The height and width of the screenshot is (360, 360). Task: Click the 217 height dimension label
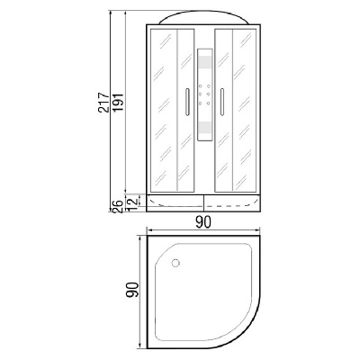tap(103, 103)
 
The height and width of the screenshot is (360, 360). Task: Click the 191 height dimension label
tap(118, 103)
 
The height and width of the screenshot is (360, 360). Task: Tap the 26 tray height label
tap(118, 206)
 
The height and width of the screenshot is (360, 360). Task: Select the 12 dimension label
tap(133, 202)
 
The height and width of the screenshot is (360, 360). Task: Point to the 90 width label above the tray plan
tap(203, 222)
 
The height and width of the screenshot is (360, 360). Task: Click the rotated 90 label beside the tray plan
tap(132, 290)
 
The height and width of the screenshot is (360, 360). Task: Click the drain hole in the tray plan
tap(175, 264)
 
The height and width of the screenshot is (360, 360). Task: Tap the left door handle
tap(187, 102)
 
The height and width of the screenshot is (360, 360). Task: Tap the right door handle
tap(222, 102)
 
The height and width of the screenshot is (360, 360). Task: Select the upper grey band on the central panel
tap(205, 62)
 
